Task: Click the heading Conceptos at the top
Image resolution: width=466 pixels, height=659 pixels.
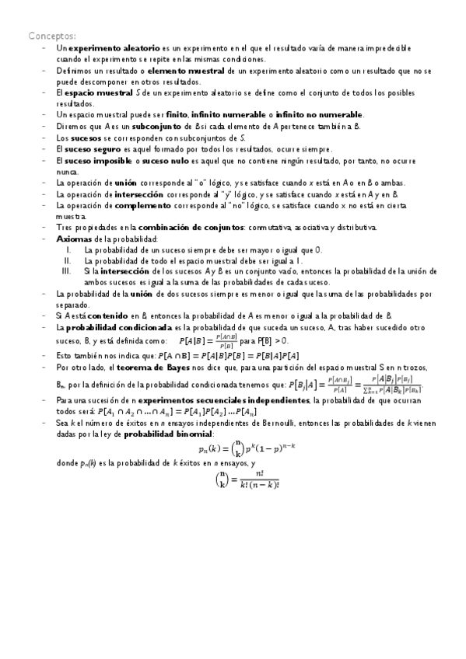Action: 52,36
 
